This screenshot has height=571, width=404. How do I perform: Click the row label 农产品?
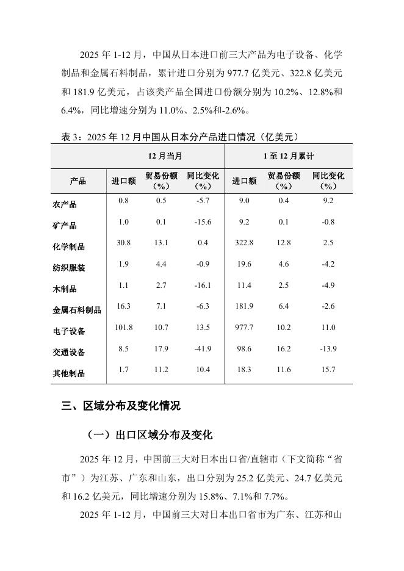(x=65, y=205)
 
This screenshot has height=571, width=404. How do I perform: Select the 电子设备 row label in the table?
(x=69, y=331)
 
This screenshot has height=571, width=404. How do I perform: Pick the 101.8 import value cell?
(x=124, y=328)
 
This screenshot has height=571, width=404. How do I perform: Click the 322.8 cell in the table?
(x=244, y=243)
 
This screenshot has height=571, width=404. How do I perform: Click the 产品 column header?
(x=78, y=181)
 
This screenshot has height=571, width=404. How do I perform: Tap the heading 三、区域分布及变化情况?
(x=121, y=406)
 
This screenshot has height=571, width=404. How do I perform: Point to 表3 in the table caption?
(x=70, y=137)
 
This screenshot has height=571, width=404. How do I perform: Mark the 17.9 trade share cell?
(x=161, y=349)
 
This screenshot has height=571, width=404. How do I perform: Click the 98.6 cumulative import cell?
(x=244, y=349)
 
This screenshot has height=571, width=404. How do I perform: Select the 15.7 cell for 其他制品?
(x=328, y=370)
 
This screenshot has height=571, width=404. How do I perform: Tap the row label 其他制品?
(x=69, y=373)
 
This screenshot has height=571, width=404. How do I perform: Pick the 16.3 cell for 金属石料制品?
(x=124, y=306)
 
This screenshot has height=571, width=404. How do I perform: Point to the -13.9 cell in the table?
(x=328, y=349)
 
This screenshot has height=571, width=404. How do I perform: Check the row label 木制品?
(x=65, y=289)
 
